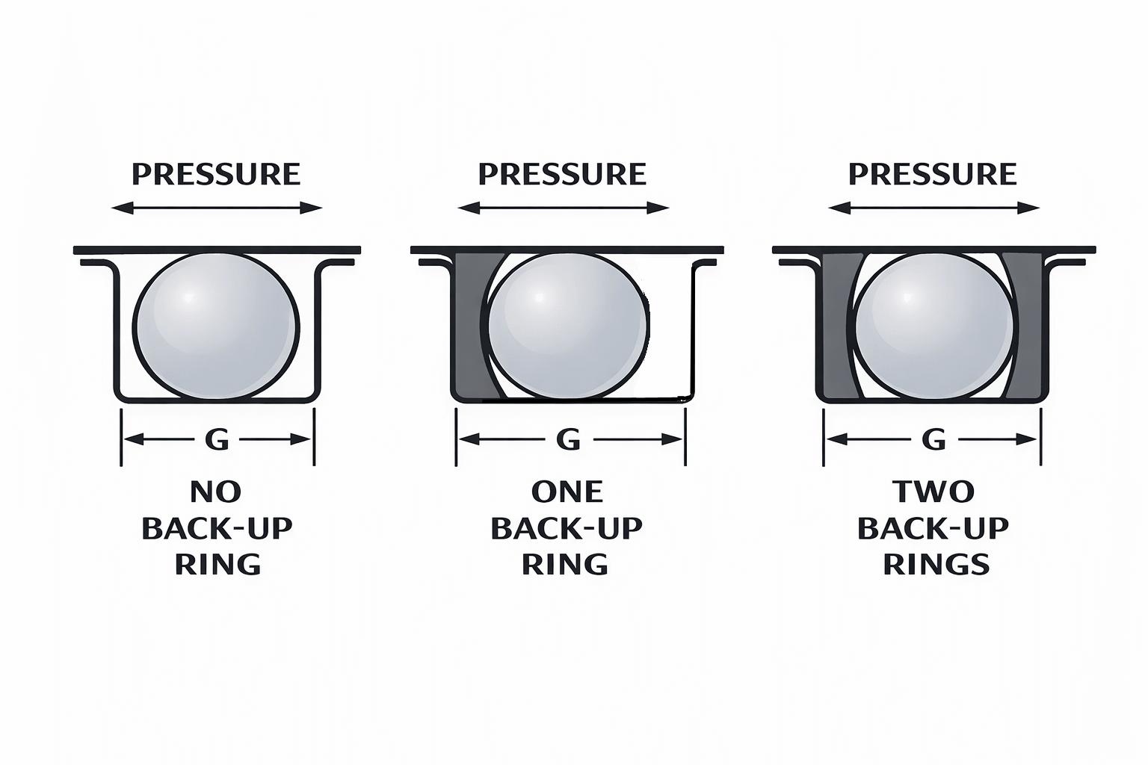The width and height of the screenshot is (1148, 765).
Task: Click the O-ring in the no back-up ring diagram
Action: [x=216, y=326]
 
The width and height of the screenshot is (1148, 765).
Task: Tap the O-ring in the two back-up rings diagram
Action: [x=933, y=326]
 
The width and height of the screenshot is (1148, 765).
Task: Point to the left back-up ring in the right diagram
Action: [x=836, y=326]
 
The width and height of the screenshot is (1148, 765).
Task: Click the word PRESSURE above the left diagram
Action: [x=216, y=174]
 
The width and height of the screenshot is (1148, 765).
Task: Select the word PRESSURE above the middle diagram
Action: [x=562, y=174]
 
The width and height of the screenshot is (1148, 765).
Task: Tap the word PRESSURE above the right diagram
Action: [x=933, y=174]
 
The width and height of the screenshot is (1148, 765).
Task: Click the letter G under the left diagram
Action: [x=216, y=439]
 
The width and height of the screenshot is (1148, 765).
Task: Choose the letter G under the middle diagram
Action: [x=568, y=439]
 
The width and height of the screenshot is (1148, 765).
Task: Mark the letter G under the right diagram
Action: [x=933, y=439]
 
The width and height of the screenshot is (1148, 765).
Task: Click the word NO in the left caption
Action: [x=216, y=492]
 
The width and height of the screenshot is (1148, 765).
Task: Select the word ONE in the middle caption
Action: [x=567, y=492]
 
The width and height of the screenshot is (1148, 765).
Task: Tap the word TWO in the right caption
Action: [x=933, y=492]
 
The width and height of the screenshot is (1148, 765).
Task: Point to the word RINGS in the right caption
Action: [x=936, y=565]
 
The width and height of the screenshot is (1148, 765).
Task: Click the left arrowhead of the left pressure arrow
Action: [x=122, y=208]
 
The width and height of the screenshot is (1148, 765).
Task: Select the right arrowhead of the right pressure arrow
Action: [x=1028, y=208]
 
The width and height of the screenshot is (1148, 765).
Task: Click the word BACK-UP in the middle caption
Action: [x=567, y=528]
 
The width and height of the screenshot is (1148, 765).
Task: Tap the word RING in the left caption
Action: [x=217, y=565]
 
